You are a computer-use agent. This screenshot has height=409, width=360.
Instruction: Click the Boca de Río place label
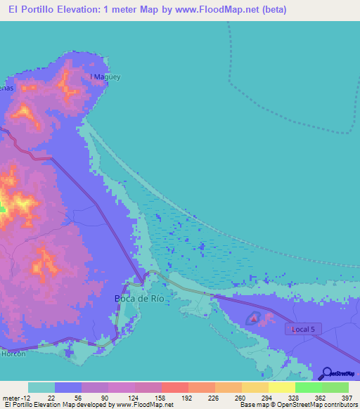pos(139,298)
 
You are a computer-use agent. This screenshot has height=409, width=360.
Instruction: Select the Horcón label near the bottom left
pos(13,353)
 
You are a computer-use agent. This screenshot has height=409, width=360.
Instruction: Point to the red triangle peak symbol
pos(254,319)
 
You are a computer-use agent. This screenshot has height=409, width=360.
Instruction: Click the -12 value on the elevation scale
pos(27,398)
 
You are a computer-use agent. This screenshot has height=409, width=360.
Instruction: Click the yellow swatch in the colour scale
pos(281,388)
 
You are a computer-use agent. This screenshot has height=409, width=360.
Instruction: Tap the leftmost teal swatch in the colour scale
pos(41,388)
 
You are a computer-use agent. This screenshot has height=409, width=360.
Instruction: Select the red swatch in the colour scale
pos(174,388)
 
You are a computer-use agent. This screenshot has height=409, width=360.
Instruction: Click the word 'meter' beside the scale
pos(11,398)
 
